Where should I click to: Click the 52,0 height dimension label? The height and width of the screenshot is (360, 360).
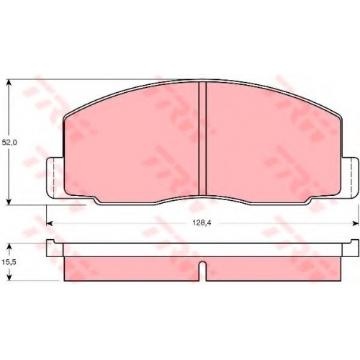(9, 143)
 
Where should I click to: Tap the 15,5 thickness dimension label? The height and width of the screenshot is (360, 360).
(9, 262)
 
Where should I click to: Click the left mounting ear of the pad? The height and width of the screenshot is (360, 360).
(55, 178)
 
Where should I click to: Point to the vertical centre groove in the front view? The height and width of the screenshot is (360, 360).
(202, 139)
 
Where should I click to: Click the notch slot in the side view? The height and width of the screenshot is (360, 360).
(203, 271)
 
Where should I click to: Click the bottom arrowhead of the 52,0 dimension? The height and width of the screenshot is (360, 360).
(9, 201)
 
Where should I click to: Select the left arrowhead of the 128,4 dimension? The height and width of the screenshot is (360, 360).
(50, 223)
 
